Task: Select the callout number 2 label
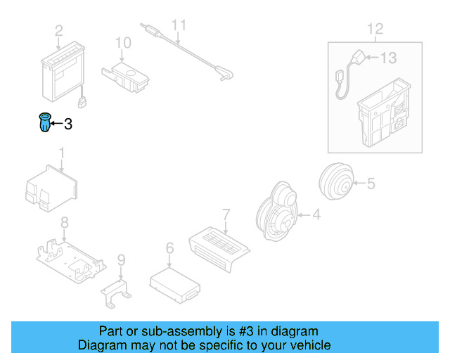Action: [59, 30]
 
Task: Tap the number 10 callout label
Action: [123, 44]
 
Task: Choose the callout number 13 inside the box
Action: [389, 58]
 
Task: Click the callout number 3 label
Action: [68, 124]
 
